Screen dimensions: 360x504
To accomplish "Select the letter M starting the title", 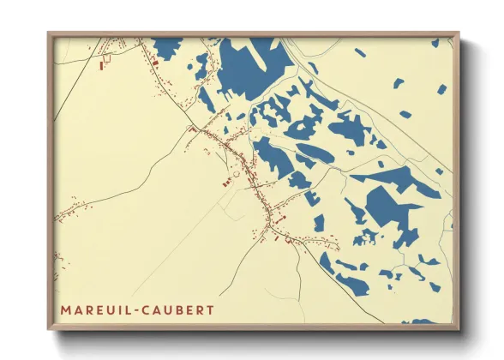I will pyautogui.click(x=65, y=309).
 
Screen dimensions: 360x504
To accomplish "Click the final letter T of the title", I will pyautogui.click(x=210, y=309).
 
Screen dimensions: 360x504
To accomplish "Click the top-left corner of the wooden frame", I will pyautogui.click(x=48, y=33).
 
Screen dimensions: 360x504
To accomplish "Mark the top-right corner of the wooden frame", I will pyautogui.click(x=459, y=33).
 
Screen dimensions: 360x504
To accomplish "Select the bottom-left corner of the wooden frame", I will pyautogui.click(x=48, y=330).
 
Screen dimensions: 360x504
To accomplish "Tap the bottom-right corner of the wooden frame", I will pyautogui.click(x=459, y=330).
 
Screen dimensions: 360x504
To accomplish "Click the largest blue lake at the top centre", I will pyautogui.click(x=249, y=64).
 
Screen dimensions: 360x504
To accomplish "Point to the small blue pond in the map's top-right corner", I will pyautogui.click(x=435, y=43).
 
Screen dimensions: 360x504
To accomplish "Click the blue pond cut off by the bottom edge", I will pyautogui.click(x=423, y=322).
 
